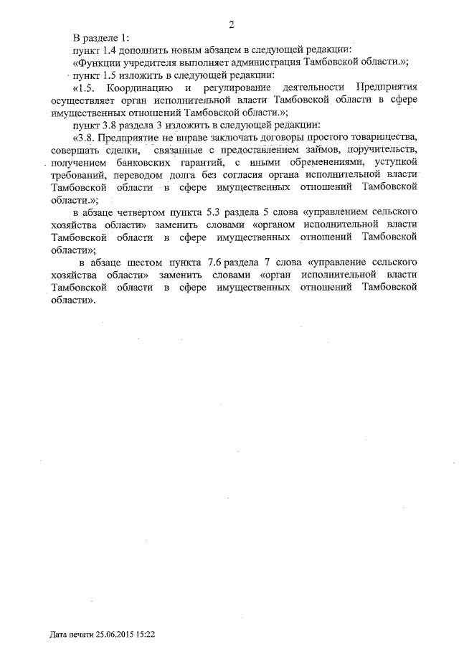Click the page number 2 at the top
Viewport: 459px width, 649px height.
click(232, 25)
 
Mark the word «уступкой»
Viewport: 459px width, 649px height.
click(397, 162)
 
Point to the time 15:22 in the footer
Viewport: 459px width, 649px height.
click(145, 635)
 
